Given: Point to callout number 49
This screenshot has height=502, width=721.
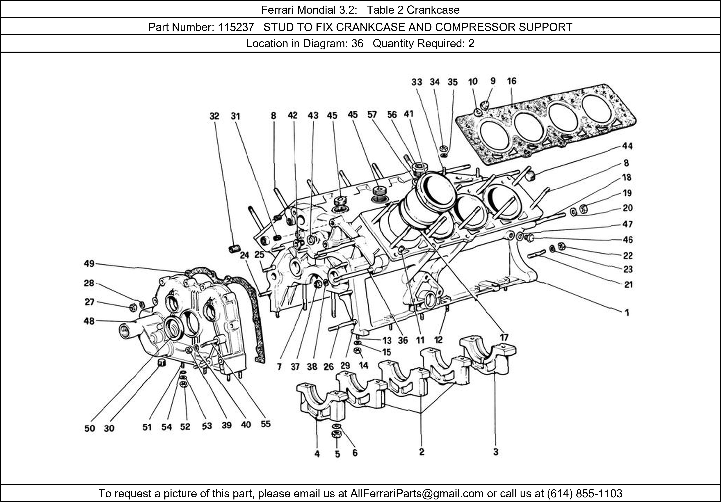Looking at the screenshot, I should tap(89, 264).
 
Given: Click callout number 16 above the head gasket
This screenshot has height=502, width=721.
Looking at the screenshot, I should tap(512, 81).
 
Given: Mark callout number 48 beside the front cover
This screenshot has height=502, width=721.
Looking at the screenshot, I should tap(89, 321).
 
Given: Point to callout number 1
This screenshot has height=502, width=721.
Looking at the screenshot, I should tap(627, 312).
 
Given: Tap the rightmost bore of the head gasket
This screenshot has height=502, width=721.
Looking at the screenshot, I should tap(596, 108).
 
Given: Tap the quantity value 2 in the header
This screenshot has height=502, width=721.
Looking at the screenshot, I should tap(471, 44).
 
